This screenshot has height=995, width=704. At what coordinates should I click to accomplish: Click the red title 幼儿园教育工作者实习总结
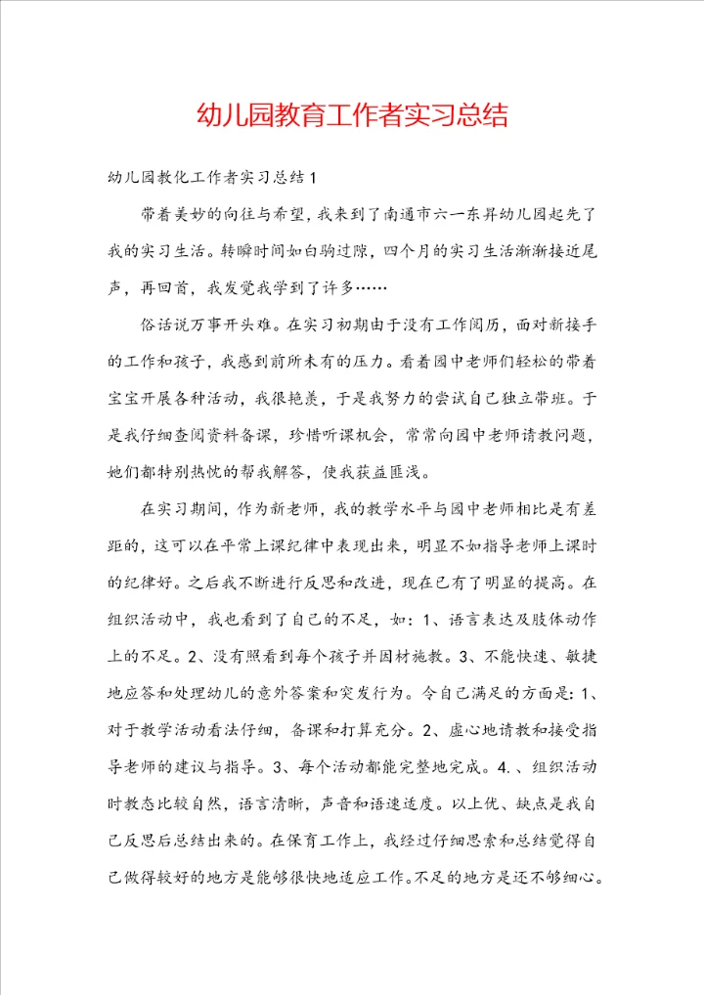pos(351,115)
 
